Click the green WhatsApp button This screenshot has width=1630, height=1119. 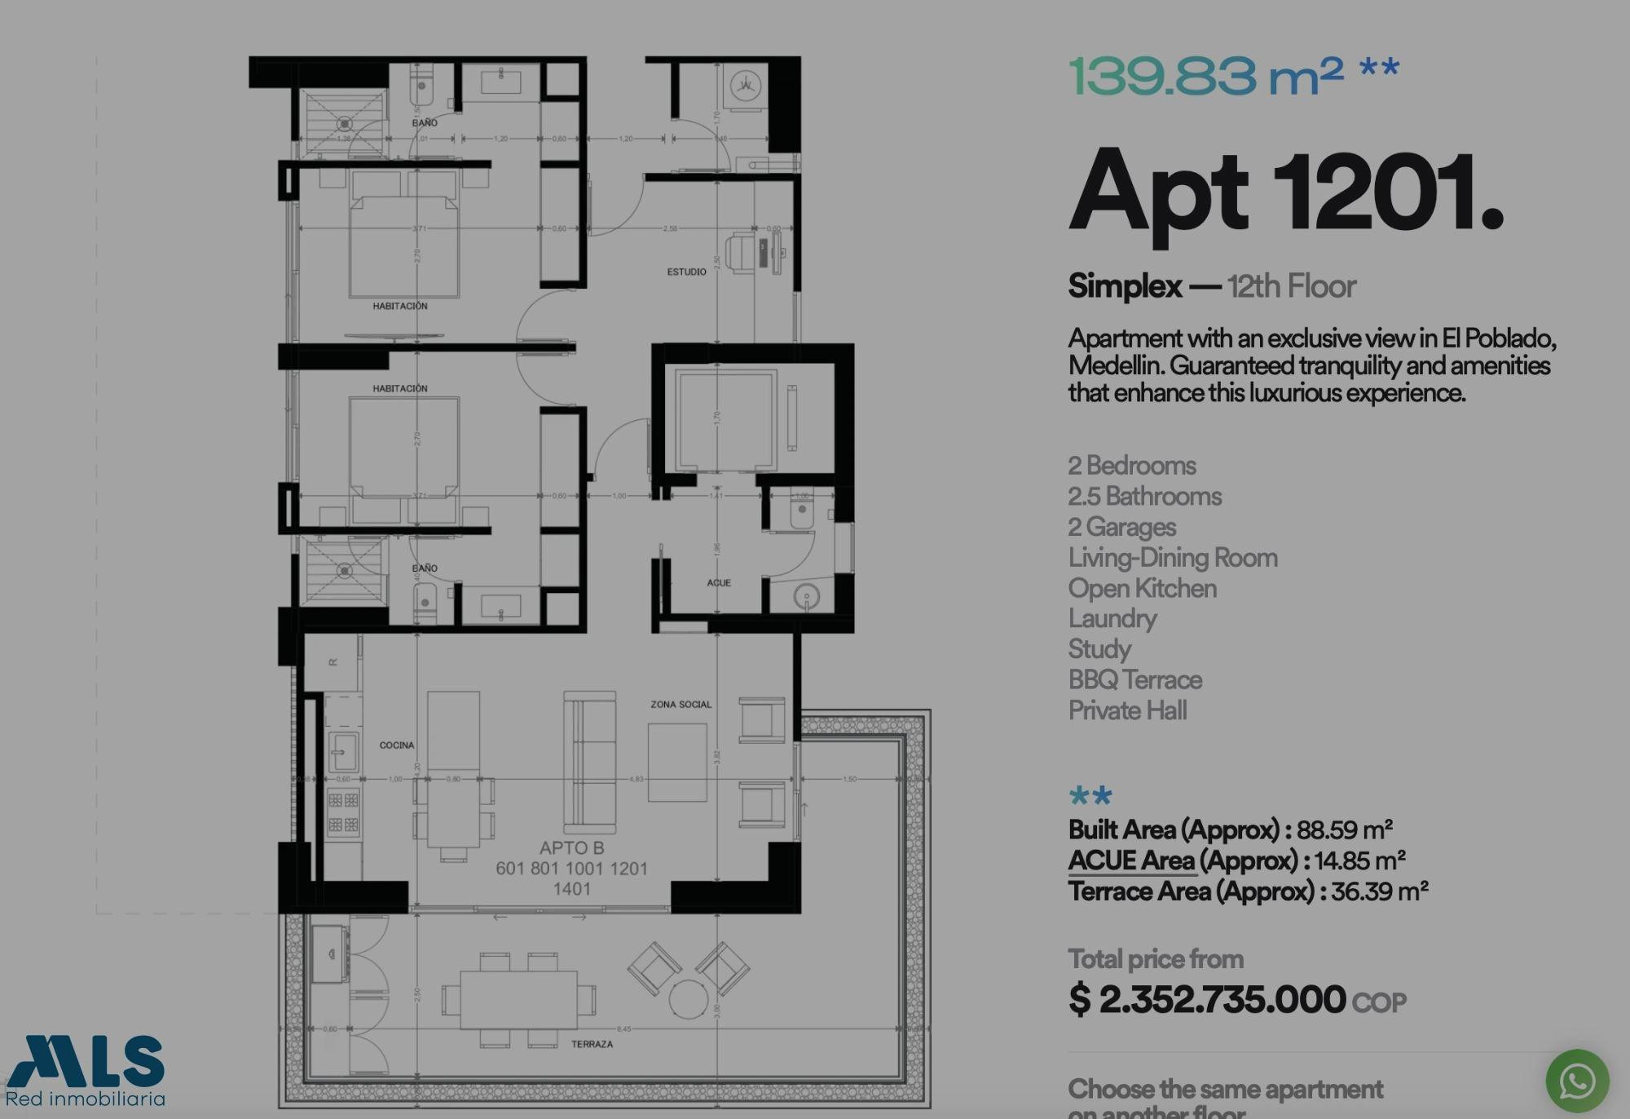pyautogui.click(x=1577, y=1081)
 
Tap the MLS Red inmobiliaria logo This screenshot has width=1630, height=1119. pyautogui.click(x=86, y=1071)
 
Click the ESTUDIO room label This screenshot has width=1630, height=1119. pyautogui.click(x=686, y=272)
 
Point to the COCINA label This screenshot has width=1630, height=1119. pyautogui.click(x=397, y=745)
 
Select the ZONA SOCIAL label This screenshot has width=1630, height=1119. pyautogui.click(x=681, y=704)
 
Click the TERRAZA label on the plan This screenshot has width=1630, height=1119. pyautogui.click(x=592, y=1044)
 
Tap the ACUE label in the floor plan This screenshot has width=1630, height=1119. pyautogui.click(x=718, y=582)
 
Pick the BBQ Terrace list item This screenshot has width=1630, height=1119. pyautogui.click(x=1134, y=679)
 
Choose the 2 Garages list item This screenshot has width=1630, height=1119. pyautogui.click(x=1121, y=527)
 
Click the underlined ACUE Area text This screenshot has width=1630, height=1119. pyautogui.click(x=1131, y=860)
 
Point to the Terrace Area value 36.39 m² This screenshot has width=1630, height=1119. pyautogui.click(x=1379, y=891)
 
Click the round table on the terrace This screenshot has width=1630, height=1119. pyautogui.click(x=688, y=999)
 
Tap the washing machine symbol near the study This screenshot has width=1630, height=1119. pyautogui.click(x=745, y=85)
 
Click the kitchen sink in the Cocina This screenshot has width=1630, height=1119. pyautogui.click(x=342, y=750)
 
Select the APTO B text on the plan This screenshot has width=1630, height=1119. pyautogui.click(x=571, y=848)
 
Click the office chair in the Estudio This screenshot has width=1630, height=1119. pyautogui.click(x=741, y=253)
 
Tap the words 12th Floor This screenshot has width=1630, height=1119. pyautogui.click(x=1291, y=286)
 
